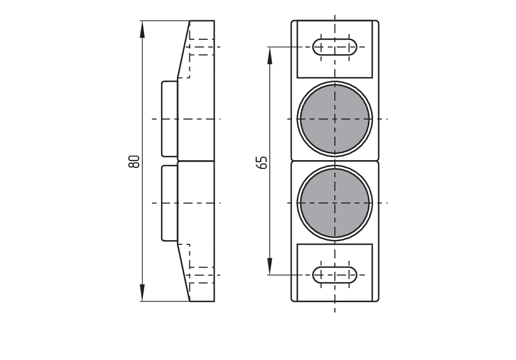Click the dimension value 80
click(x=134, y=161)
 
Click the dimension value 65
click(x=262, y=162)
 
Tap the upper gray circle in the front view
click(x=335, y=119)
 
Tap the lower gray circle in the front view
click(x=335, y=203)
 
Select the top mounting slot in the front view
click(x=335, y=47)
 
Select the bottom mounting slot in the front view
click(x=335, y=275)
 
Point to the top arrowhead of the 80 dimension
click(x=142, y=29)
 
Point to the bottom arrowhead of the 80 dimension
click(x=142, y=292)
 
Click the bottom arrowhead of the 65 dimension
click(x=270, y=266)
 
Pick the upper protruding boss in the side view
click(x=169, y=119)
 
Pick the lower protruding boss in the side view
click(x=169, y=203)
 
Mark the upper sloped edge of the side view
click(x=184, y=50)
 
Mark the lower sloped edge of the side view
click(x=184, y=272)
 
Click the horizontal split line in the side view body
click(x=196, y=161)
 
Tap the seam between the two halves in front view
click(x=335, y=161)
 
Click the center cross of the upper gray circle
click(x=335, y=119)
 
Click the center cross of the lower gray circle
click(x=335, y=203)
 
